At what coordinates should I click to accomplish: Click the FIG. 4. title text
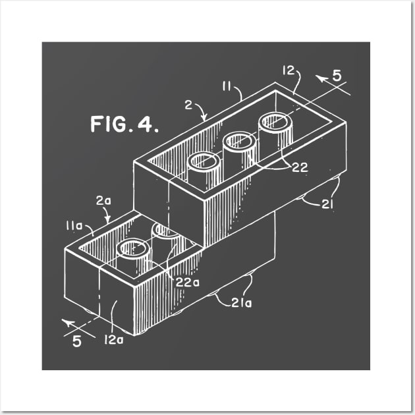point(124,124)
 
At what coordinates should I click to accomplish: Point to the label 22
point(300,168)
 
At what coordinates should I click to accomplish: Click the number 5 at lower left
point(77,343)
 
